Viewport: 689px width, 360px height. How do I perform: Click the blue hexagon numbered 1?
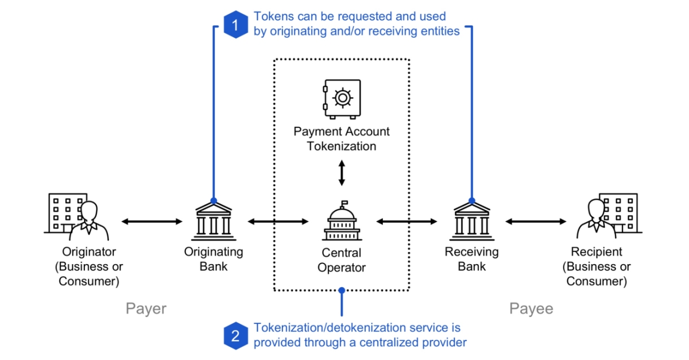235,24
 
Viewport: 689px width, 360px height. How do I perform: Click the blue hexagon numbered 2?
235,335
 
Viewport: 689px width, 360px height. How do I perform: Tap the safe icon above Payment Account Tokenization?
342,99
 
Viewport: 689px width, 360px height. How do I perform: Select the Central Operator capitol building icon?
342,221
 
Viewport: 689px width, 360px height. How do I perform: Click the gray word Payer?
146,309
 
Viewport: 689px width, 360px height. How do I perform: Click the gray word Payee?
531,309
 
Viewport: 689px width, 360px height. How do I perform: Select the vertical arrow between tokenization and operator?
342,173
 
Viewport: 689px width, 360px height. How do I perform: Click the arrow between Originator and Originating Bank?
152,221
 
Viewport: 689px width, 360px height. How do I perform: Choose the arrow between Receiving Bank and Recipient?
535,221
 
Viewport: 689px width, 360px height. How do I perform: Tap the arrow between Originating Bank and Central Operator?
278,221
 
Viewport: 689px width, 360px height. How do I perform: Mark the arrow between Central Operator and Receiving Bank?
407,221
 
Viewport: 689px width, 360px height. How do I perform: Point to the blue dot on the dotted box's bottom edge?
342,291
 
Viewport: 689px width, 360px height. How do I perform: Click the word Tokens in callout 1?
272,16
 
